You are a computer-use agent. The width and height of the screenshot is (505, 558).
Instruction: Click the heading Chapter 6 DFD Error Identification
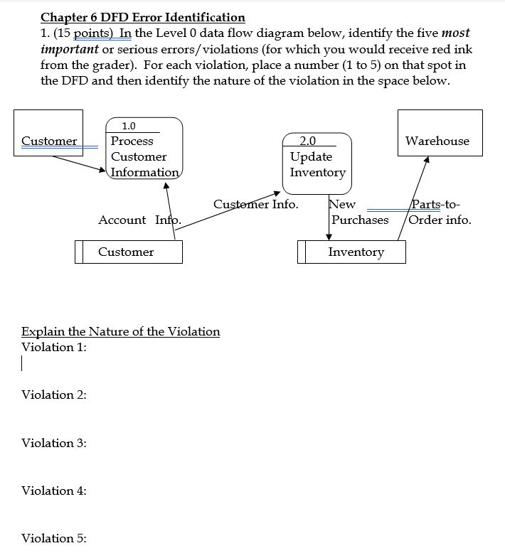tap(143, 17)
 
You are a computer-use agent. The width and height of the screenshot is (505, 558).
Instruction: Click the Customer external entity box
tap(48, 133)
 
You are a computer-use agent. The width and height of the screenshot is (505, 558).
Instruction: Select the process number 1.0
tap(129, 126)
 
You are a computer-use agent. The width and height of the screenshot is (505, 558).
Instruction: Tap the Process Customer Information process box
tap(144, 156)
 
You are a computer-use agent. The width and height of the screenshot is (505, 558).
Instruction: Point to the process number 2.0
tap(308, 141)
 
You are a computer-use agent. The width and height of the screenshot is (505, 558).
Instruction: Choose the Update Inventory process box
tap(317, 164)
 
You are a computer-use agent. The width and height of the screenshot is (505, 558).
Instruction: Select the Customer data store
tap(129, 252)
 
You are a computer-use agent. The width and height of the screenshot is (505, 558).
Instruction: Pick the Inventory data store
tap(352, 252)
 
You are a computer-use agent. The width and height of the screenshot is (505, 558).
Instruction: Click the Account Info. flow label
tap(139, 220)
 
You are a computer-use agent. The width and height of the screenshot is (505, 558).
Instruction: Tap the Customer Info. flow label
tap(255, 205)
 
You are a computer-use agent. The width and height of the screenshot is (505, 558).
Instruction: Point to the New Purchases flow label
tap(359, 213)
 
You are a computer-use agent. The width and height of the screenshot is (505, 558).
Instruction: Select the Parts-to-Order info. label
tap(440, 213)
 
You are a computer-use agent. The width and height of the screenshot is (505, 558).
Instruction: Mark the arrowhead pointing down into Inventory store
tap(329, 237)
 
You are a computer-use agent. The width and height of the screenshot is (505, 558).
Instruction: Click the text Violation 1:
tap(54, 347)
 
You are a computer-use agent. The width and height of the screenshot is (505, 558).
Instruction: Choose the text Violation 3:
tap(54, 443)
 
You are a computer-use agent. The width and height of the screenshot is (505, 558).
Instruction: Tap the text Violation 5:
tap(54, 538)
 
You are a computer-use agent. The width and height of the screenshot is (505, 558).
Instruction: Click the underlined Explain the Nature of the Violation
tap(120, 331)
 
